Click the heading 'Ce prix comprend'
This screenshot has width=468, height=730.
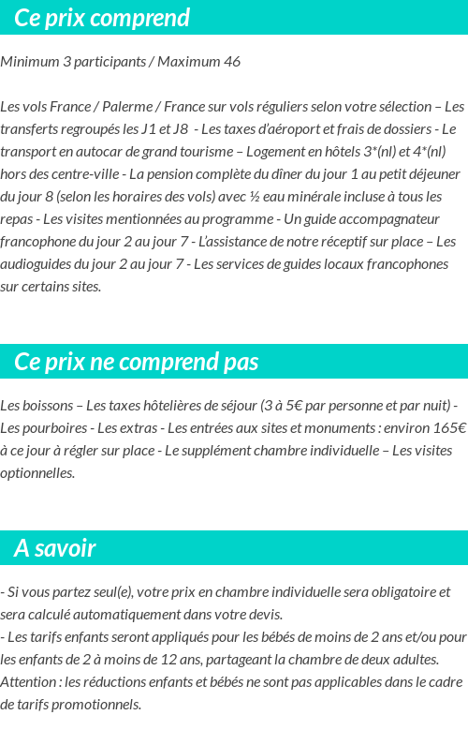point(102,18)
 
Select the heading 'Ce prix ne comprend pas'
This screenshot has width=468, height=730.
point(137,362)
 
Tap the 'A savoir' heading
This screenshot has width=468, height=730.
point(55,548)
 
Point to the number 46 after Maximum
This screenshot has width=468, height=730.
point(231,62)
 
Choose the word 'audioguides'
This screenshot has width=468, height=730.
point(38,264)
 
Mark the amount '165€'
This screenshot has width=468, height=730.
point(446,428)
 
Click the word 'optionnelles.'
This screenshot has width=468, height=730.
point(37,473)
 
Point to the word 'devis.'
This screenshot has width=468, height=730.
point(262,615)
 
